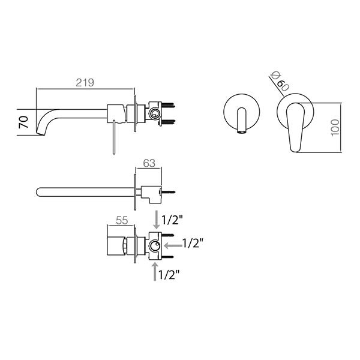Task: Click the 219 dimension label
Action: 85,83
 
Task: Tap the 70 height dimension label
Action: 23,122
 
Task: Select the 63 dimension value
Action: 149,163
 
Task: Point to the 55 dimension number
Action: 122,220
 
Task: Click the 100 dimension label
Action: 335,128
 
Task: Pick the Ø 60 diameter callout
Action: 280,81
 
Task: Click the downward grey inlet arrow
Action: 157,220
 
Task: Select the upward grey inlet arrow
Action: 155,271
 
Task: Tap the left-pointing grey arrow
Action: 173,245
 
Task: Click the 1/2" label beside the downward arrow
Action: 172,220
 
